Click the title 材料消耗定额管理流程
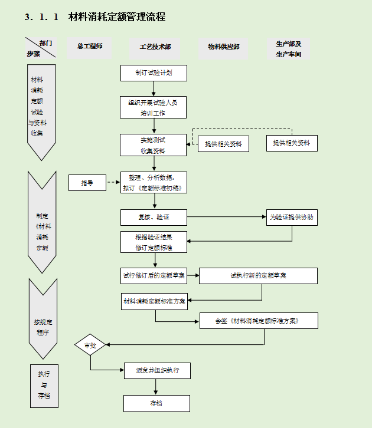(x=117, y=17)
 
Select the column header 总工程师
(x=90, y=46)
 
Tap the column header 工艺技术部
(x=155, y=47)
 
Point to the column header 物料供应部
(x=223, y=47)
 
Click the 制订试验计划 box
(x=154, y=73)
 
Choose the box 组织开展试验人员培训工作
(x=154, y=107)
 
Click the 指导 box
(x=87, y=183)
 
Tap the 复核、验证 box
(x=154, y=218)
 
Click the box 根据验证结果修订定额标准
(x=154, y=242)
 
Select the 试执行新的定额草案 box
(x=258, y=275)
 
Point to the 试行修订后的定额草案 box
(x=154, y=275)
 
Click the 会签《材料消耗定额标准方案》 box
(x=258, y=321)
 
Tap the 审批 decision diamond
(x=90, y=345)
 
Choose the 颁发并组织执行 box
(x=156, y=370)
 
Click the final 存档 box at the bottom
(x=156, y=403)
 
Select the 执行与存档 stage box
(x=44, y=386)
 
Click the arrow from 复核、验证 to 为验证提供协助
(x=227, y=217)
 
